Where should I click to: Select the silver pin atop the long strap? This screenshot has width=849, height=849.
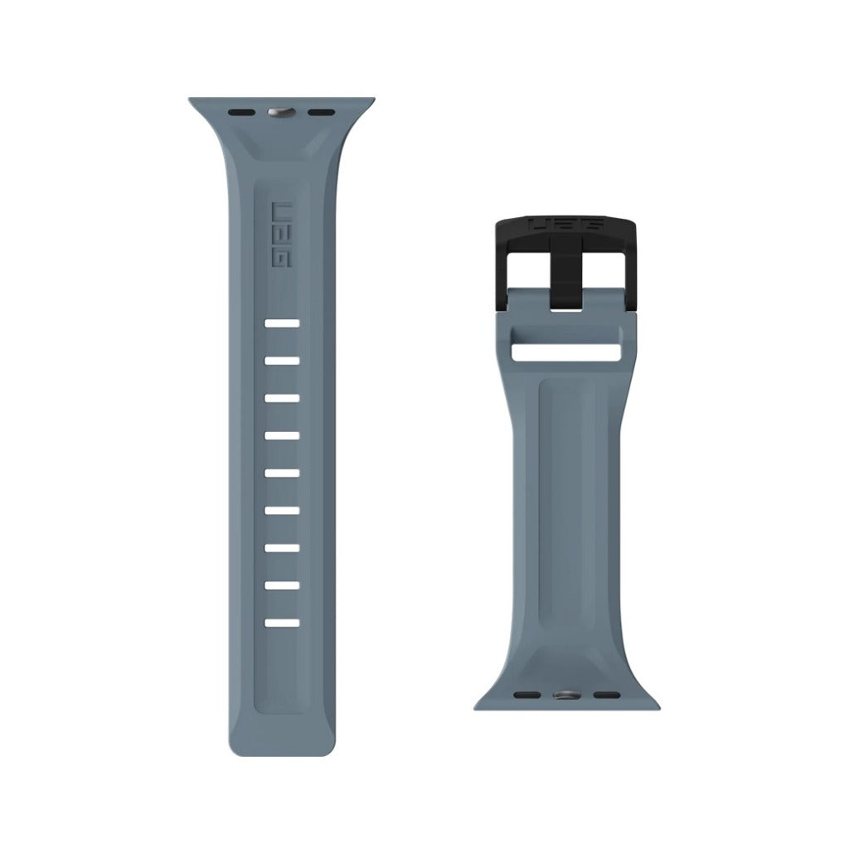(281, 111)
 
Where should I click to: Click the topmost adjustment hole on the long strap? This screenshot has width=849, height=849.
(282, 323)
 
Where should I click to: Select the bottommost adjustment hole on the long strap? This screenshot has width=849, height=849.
(282, 622)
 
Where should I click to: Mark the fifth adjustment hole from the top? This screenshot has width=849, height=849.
(282, 473)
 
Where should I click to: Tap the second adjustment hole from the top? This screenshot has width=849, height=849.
(282, 361)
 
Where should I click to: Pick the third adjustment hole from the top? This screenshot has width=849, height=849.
(282, 398)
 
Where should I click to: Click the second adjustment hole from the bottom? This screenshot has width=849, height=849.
(282, 585)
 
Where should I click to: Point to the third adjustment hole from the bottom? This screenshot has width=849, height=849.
(282, 547)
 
